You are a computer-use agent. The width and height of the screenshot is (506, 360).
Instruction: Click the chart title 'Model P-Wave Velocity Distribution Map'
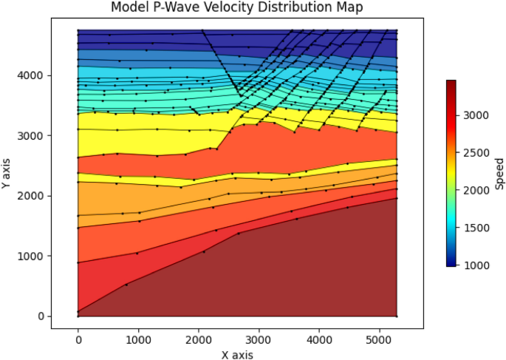click(237, 7)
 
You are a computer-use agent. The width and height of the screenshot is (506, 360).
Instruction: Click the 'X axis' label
click(237, 354)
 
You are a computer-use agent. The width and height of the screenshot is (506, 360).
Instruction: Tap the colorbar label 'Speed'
click(500, 173)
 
